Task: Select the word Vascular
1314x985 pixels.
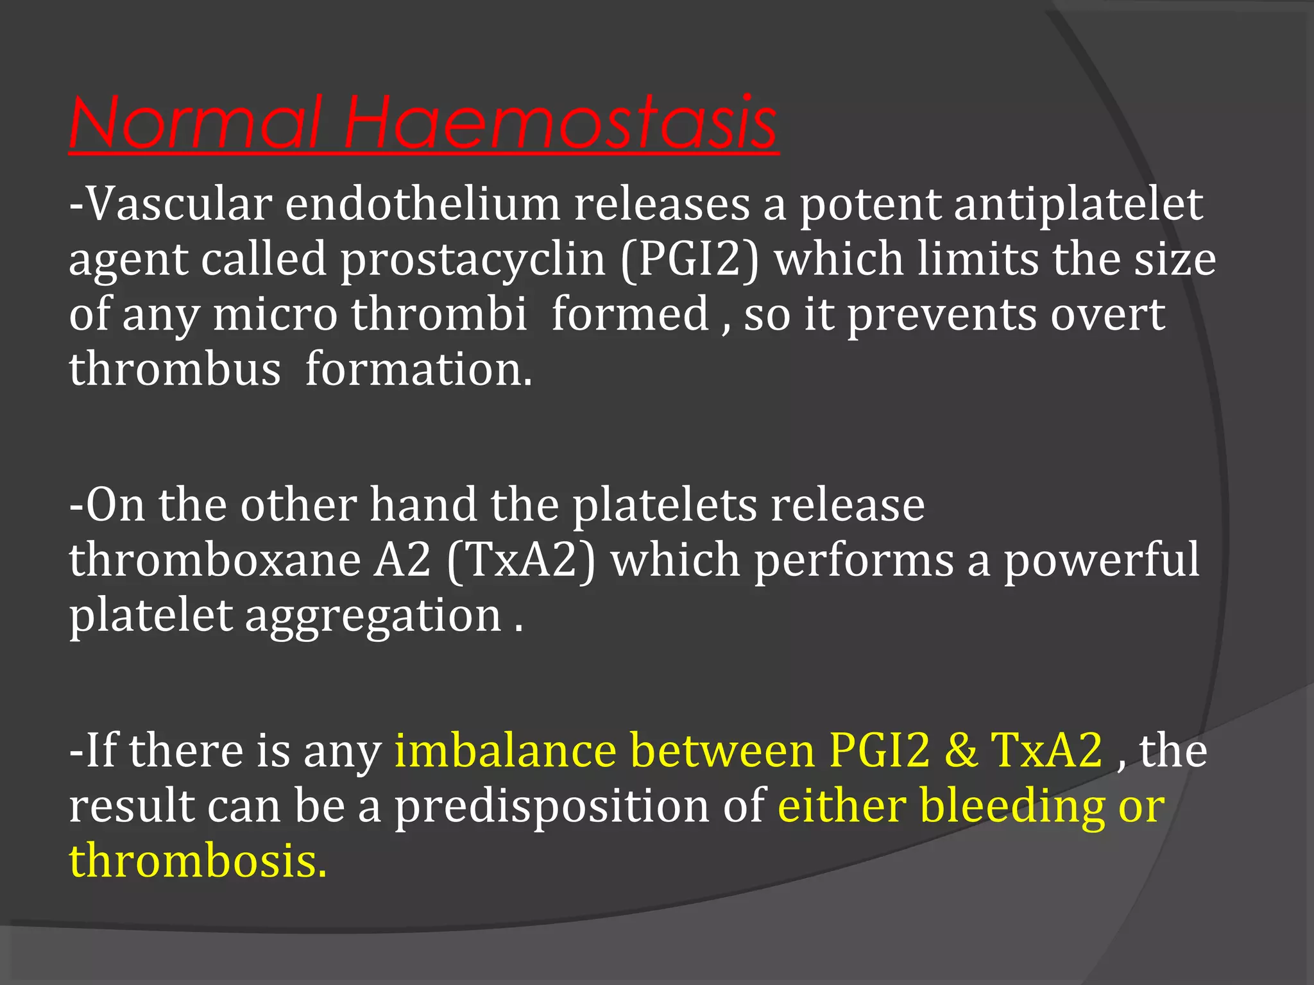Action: click(x=180, y=205)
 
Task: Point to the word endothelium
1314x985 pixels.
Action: click(x=423, y=205)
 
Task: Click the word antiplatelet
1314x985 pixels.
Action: click(x=1078, y=205)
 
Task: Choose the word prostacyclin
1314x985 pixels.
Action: click(x=473, y=260)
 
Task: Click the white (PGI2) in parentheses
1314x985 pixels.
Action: click(x=690, y=260)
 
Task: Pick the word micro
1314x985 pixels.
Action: click(x=275, y=315)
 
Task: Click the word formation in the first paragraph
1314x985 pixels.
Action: click(x=418, y=370)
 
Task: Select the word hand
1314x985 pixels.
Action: click(x=423, y=505)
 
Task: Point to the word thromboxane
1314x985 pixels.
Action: click(x=215, y=560)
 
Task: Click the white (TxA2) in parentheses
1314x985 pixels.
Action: click(x=520, y=560)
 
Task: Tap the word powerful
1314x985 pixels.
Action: click(x=1101, y=560)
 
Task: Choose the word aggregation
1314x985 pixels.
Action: click(x=373, y=616)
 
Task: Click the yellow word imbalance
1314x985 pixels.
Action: click(x=506, y=750)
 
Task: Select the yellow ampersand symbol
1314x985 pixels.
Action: click(x=960, y=750)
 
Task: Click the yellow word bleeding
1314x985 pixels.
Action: click(x=1012, y=805)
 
